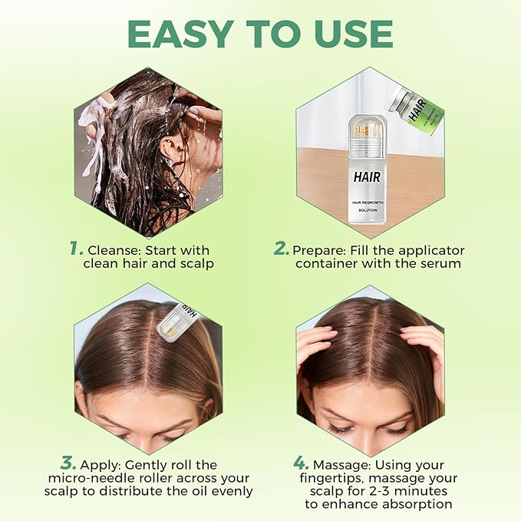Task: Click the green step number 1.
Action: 75,249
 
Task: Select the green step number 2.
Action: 282,249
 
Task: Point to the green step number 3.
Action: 68,463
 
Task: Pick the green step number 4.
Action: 301,463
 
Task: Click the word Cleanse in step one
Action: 112,250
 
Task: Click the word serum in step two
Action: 444,263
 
